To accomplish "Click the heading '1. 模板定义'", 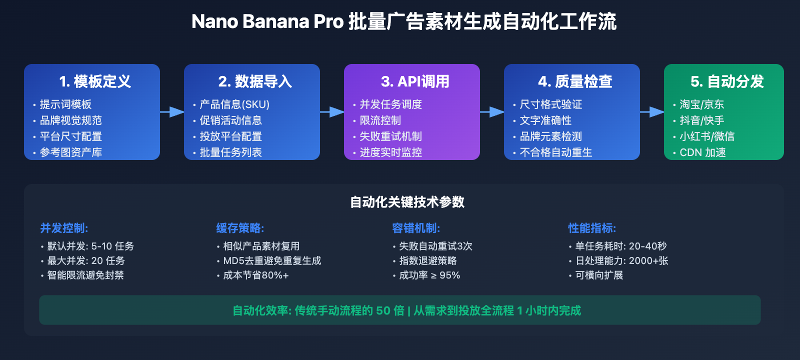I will (95, 81).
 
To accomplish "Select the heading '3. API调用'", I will (415, 81).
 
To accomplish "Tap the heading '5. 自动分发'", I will (727, 81).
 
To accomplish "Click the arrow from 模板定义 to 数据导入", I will (172, 112).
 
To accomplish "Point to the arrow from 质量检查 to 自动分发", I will (652, 112).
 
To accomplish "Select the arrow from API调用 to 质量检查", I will (492, 112).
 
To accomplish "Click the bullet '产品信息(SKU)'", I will (234, 104).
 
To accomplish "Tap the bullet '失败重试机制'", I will (390, 136).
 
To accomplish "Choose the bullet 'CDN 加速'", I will (702, 152).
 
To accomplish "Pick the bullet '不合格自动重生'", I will (555, 152).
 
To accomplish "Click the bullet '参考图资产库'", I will (70, 152).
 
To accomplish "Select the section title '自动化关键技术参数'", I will (407, 202).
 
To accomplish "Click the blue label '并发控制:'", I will (64, 228).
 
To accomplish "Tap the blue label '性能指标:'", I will (592, 228).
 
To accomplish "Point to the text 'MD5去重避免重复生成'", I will (272, 261).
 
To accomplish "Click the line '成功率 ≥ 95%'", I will (429, 275).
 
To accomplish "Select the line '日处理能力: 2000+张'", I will (621, 261).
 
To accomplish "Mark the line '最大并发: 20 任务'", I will (86, 261).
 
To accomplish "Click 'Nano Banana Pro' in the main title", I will (267, 22).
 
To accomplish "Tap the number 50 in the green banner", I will (383, 311).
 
